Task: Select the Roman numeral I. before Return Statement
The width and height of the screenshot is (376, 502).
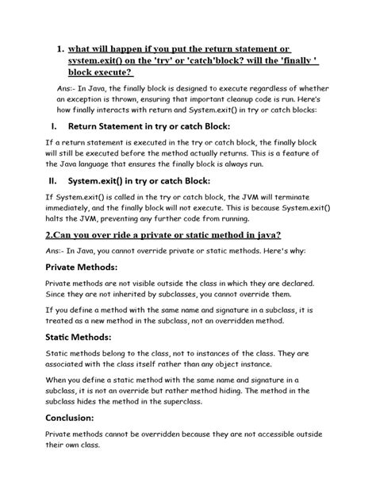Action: (x=54, y=126)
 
